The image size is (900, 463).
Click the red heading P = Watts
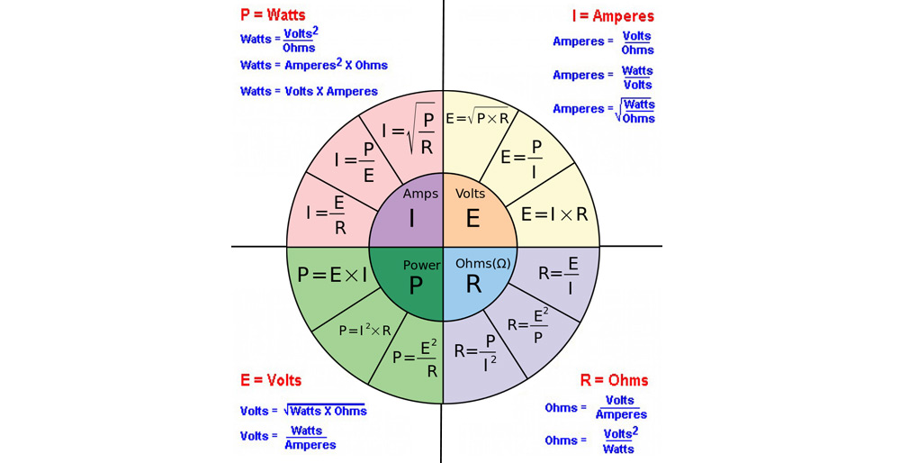[x=273, y=15]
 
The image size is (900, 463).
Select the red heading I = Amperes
[x=613, y=16]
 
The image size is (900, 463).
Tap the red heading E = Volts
[x=271, y=380]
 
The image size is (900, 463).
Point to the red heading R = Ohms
[x=615, y=380]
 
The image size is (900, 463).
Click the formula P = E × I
[x=332, y=275]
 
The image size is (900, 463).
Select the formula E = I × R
[x=554, y=214]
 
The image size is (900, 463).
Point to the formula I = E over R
[x=328, y=213]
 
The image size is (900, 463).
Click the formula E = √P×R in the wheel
[x=477, y=118]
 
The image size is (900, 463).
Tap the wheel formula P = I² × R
[x=364, y=331]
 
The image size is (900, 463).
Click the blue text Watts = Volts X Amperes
[x=309, y=91]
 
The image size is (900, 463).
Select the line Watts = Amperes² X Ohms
[x=314, y=66]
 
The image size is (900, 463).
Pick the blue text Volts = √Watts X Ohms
[x=303, y=411]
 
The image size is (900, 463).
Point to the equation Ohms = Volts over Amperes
[x=596, y=408]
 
